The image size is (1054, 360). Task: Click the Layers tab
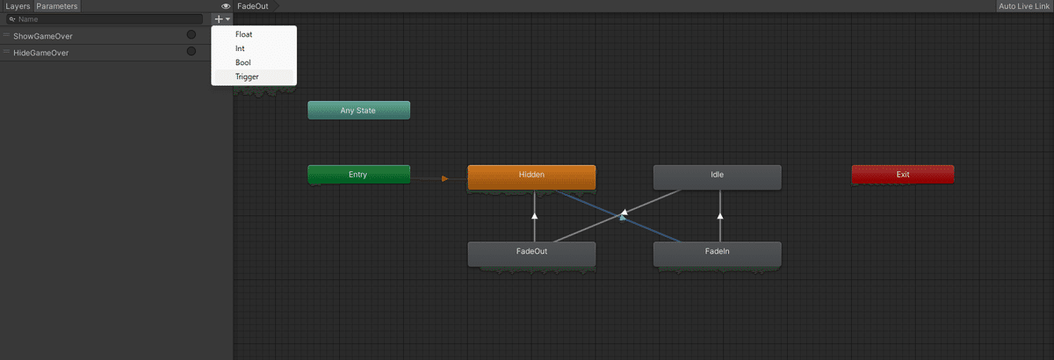18,6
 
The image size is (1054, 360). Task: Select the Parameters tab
57,6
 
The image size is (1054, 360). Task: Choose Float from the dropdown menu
244,34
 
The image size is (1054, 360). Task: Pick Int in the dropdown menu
240,48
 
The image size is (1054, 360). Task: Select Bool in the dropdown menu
242,62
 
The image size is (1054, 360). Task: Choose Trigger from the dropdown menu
247,76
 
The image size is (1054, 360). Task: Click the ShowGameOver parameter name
43,36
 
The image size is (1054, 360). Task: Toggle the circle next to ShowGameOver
191,34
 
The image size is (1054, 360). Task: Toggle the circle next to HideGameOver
191,51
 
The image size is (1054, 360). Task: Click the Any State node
358,110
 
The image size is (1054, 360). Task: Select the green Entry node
358,174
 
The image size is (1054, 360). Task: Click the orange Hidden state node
531,177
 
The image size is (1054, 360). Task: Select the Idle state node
717,177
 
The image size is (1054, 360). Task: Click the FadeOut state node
531,254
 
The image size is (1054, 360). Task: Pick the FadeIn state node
717,254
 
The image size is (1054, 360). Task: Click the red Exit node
903,174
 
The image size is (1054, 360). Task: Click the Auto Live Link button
1024,6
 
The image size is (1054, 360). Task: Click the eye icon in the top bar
226,6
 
